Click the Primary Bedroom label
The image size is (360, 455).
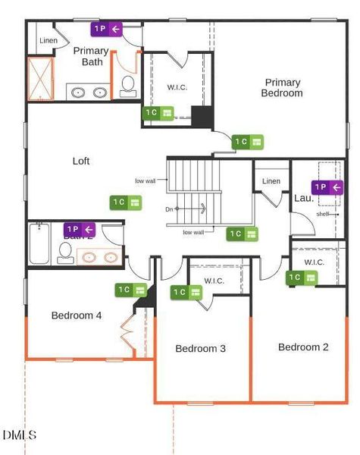tap(282, 88)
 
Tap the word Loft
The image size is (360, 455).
tap(81, 161)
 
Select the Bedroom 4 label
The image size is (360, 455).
tap(77, 315)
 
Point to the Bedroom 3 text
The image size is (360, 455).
tap(201, 349)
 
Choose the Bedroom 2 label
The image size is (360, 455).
tap(303, 347)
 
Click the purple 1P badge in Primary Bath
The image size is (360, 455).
tap(106, 30)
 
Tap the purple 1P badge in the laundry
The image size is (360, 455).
tap(327, 187)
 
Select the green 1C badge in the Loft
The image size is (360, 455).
tap(126, 202)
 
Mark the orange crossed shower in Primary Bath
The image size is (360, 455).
tap(42, 78)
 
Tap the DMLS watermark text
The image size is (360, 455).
tap(19, 435)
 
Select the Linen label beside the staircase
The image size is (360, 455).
tap(271, 181)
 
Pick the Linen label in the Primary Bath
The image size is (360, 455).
tap(48, 40)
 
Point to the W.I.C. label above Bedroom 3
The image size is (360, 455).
tap(214, 281)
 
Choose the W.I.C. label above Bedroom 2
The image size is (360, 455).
tap(315, 262)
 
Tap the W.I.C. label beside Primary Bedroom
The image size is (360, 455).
tap(177, 87)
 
